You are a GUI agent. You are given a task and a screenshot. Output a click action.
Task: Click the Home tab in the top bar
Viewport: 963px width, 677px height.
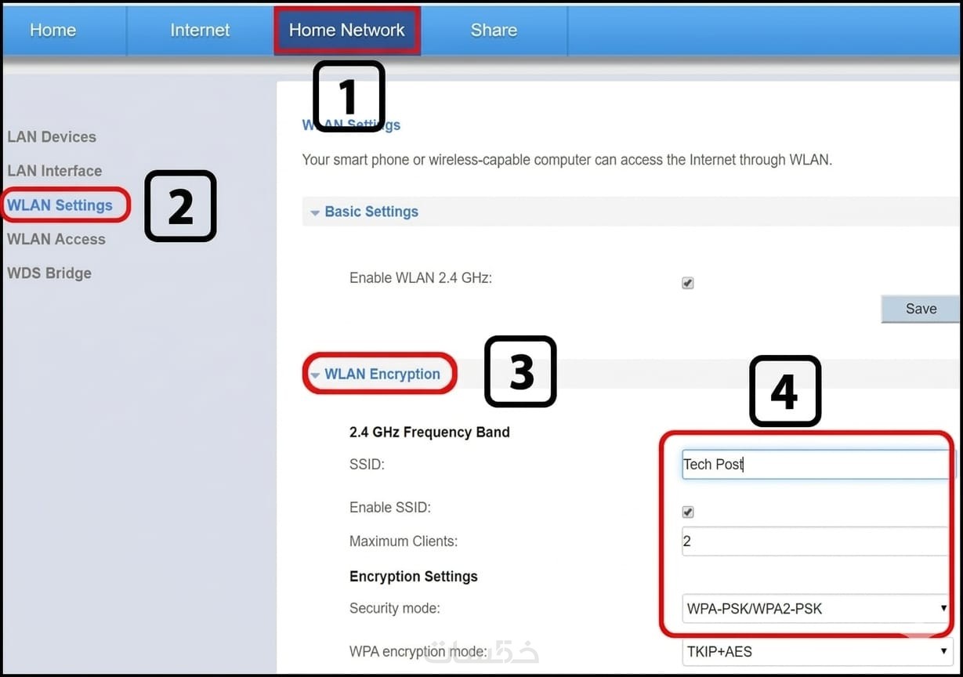point(52,30)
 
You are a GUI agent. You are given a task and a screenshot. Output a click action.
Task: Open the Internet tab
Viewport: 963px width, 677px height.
point(200,30)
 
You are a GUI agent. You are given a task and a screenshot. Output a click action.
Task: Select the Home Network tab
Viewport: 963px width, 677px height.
point(347,30)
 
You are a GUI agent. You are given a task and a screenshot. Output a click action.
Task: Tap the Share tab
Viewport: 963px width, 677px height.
point(494,30)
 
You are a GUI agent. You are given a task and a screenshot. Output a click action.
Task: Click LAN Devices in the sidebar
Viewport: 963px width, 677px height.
point(52,136)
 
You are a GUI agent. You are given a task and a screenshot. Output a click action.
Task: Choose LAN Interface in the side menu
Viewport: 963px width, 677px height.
point(55,171)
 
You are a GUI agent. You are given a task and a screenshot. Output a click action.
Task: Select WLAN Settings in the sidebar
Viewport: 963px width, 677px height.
point(60,205)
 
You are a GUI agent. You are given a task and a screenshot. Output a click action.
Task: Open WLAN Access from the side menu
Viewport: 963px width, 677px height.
point(56,239)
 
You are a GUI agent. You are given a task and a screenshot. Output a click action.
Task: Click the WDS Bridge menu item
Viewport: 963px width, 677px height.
point(49,273)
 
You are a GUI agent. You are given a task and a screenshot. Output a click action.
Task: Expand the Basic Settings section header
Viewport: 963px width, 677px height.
point(371,212)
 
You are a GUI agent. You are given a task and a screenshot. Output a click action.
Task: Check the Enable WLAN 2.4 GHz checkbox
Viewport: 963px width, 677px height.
point(687,283)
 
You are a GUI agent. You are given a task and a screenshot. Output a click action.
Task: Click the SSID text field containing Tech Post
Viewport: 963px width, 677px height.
point(816,464)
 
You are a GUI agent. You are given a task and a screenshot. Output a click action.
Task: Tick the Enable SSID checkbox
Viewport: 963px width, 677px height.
point(688,512)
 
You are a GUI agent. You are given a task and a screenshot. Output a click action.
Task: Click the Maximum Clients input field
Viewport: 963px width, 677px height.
point(815,541)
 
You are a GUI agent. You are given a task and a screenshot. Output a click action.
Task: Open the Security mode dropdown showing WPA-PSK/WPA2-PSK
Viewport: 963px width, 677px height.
point(816,608)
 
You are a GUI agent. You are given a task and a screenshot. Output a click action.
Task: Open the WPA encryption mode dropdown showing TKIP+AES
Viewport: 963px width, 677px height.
point(817,652)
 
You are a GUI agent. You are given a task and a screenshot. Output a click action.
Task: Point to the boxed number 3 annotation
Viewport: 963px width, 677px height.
point(520,371)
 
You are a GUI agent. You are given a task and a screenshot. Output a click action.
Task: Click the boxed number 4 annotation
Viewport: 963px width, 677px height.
point(785,391)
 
